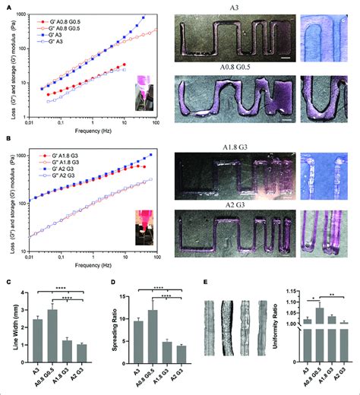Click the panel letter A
[x=5, y=5]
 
